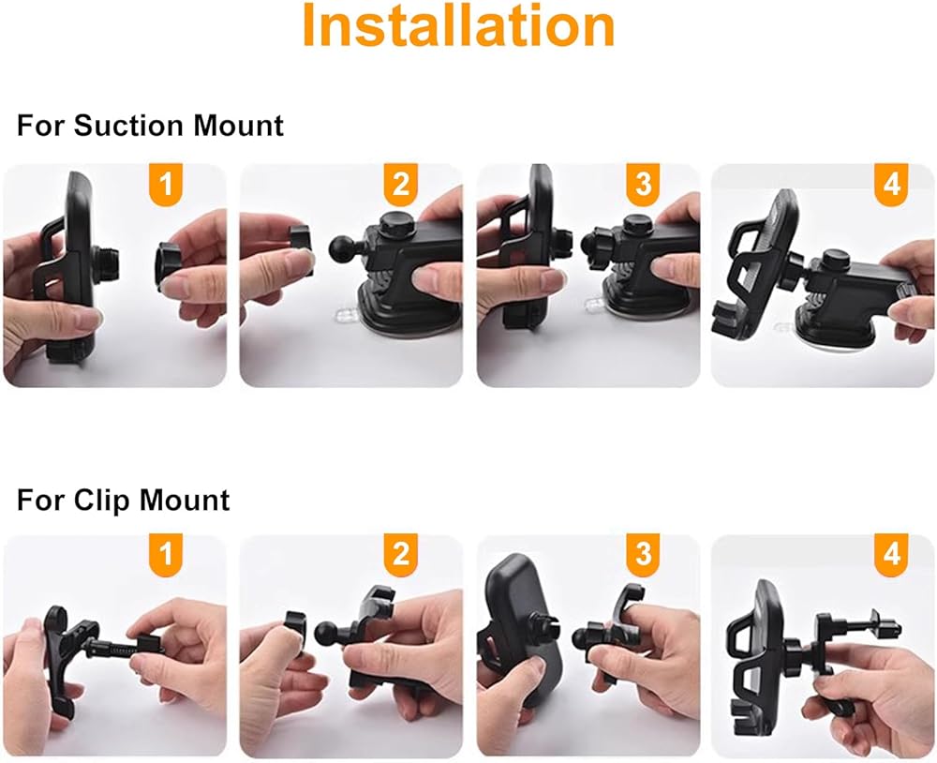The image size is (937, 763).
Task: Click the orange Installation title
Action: (458, 25)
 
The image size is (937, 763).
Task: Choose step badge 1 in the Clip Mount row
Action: (165, 552)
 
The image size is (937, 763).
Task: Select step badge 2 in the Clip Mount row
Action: (400, 552)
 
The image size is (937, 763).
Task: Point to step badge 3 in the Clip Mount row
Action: (643, 552)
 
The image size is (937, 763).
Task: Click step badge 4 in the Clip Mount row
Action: (891, 552)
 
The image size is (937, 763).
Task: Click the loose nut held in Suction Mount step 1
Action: (170, 266)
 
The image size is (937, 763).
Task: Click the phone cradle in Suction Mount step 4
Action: (757, 267)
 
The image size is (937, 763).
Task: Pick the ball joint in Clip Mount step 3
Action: (583, 637)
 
